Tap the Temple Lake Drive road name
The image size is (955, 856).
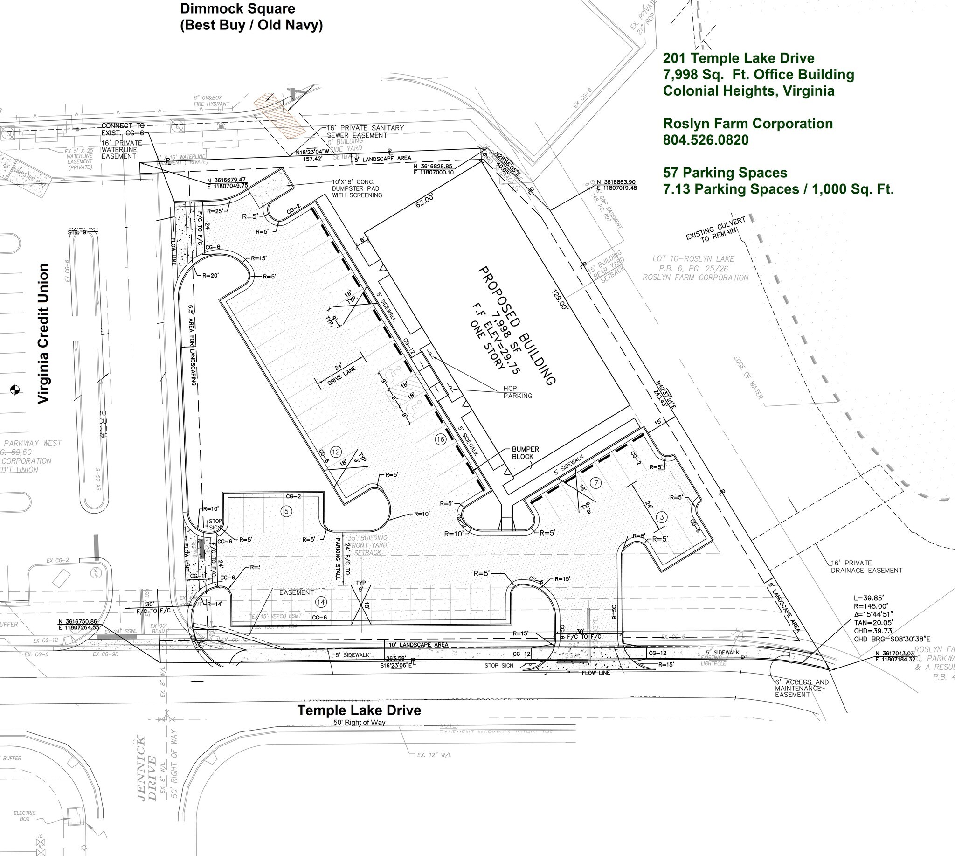click(359, 710)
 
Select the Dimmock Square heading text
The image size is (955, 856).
click(237, 9)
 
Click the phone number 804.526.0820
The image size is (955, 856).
click(706, 140)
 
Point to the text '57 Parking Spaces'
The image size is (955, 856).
click(725, 173)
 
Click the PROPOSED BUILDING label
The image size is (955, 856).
click(517, 326)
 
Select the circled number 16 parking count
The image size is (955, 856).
click(440, 439)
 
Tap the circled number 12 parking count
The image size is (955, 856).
click(335, 452)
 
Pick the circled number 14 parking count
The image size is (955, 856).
click(321, 602)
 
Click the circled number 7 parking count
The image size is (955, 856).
click(596, 482)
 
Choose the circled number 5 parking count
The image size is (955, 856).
click(286, 511)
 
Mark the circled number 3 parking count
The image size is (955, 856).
click(662, 517)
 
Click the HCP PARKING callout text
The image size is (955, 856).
click(517, 392)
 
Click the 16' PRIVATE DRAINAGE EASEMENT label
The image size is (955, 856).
click(866, 566)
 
